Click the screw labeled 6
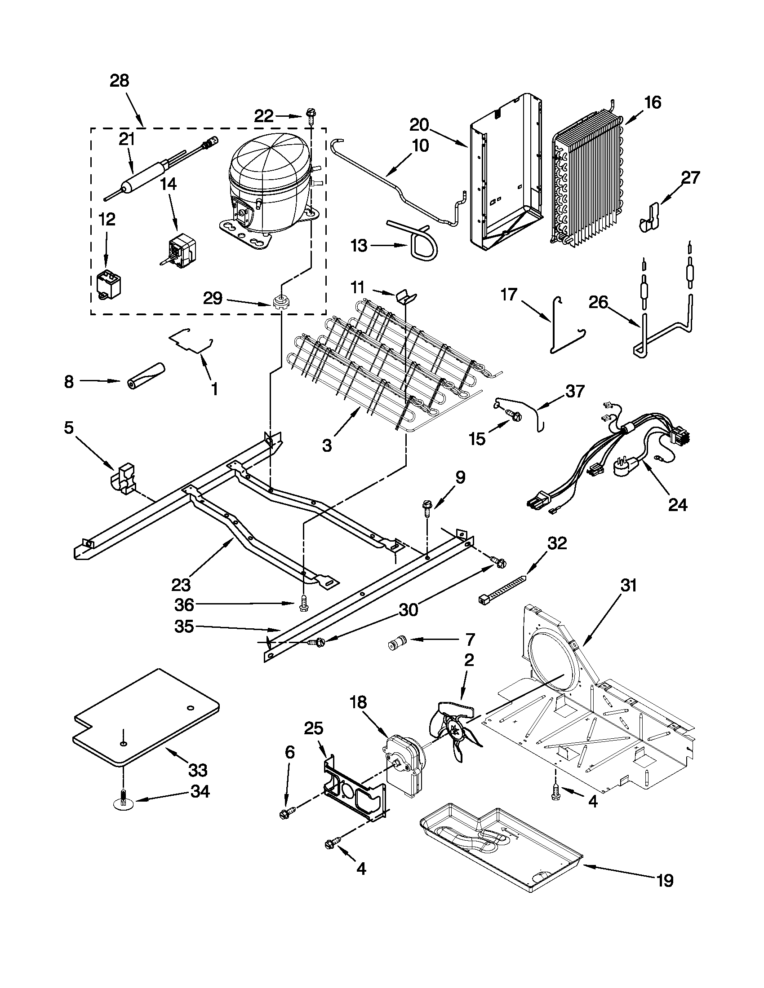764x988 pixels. (287, 813)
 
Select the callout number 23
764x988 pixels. (182, 585)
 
